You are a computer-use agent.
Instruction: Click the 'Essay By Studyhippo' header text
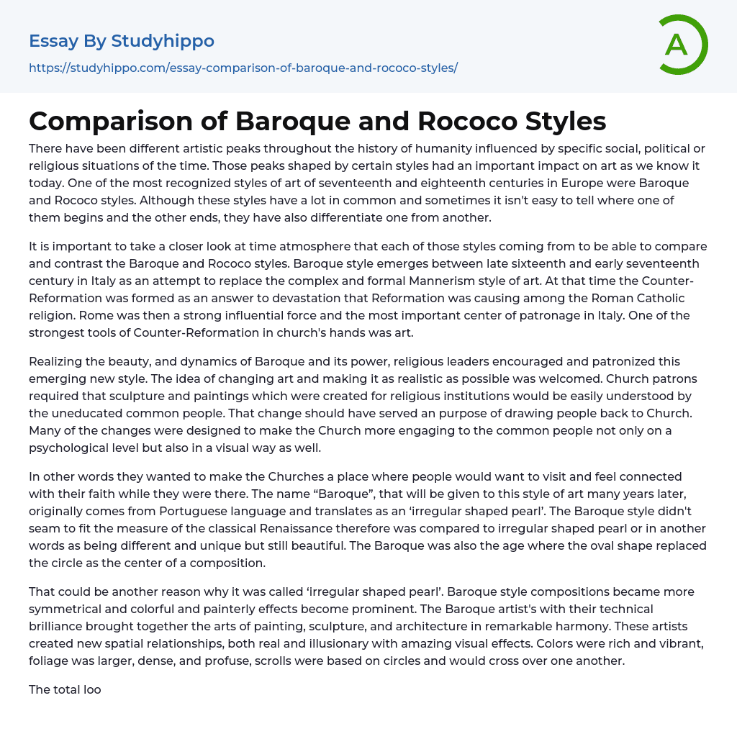(122, 41)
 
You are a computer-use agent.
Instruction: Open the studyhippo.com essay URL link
(243, 68)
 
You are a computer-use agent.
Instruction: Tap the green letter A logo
(677, 45)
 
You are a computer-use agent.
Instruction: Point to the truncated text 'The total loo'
(65, 689)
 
